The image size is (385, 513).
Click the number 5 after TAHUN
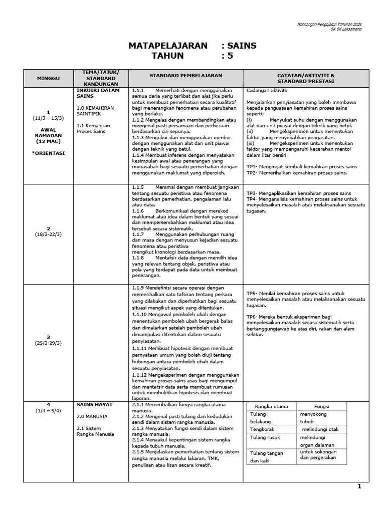[x=230, y=56]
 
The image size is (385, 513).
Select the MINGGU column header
[x=48, y=79]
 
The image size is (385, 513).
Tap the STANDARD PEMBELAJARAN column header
[x=185, y=75]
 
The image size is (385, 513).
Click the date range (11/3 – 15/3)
[x=48, y=118]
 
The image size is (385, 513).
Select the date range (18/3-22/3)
[x=48, y=234]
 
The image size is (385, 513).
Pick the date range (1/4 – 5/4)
[x=48, y=411]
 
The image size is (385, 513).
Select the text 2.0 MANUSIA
[x=92, y=416]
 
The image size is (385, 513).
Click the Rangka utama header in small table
[x=271, y=406]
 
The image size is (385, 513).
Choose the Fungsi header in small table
[x=321, y=406]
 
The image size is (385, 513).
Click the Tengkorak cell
[x=263, y=429]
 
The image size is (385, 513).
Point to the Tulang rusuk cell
[x=264, y=438]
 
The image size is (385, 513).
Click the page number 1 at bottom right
[x=359, y=486]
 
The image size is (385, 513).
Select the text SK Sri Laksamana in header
[x=346, y=29]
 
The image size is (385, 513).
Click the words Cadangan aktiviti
[x=267, y=90]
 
